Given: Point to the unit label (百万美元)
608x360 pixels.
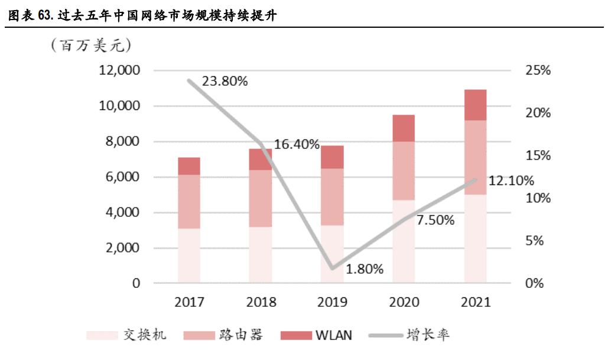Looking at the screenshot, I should pyautogui.click(x=92, y=46).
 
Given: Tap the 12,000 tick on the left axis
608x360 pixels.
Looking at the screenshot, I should pyautogui.click(x=120, y=70).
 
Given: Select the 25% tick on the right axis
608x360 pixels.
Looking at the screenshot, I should pyautogui.click(x=537, y=70).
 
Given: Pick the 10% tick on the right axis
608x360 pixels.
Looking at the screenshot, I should pyautogui.click(x=537, y=198).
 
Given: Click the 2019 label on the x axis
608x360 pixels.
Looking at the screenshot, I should pyautogui.click(x=332, y=302).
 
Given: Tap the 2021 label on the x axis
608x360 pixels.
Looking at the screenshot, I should pyautogui.click(x=475, y=302).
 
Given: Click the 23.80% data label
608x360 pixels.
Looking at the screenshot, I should pyautogui.click(x=225, y=82).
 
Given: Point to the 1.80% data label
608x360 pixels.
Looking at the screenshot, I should pyautogui.click(x=365, y=269).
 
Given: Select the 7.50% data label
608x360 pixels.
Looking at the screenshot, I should pyautogui.click(x=435, y=220).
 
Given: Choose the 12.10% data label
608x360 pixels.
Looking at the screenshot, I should pyautogui.click(x=511, y=180).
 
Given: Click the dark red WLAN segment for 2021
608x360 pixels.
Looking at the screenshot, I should pyautogui.click(x=475, y=105).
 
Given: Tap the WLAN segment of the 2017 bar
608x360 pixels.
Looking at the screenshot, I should pyautogui.click(x=189, y=166).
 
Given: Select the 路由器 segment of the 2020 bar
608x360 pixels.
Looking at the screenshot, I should pyautogui.click(x=404, y=171).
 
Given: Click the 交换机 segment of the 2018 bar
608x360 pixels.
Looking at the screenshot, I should pyautogui.click(x=261, y=255).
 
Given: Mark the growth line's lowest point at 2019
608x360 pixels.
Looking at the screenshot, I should pyautogui.click(x=332, y=268).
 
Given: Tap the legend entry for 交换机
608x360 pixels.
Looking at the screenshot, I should pyautogui.click(x=127, y=335).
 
